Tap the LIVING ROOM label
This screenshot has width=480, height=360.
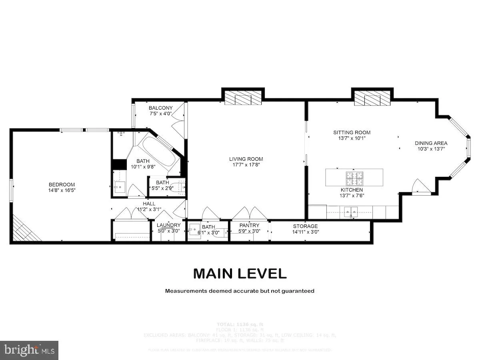click(x=246, y=159)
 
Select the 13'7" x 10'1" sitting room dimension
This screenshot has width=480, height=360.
click(x=352, y=138)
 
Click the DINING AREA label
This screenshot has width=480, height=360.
click(x=431, y=143)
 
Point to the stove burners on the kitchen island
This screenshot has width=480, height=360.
click(x=354, y=176)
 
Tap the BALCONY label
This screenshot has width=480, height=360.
click(x=160, y=108)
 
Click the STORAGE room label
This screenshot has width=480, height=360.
click(x=305, y=226)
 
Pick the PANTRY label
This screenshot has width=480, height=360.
click(x=249, y=226)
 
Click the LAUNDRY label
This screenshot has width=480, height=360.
click(x=168, y=225)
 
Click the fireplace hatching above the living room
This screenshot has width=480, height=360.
click(x=243, y=98)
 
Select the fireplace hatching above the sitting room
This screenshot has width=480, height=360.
click(x=372, y=98)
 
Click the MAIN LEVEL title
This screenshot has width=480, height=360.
click(x=240, y=274)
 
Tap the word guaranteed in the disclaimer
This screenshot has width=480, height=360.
click(x=298, y=291)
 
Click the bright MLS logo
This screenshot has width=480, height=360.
click(x=29, y=350)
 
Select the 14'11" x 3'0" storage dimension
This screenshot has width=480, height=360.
click(x=306, y=232)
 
